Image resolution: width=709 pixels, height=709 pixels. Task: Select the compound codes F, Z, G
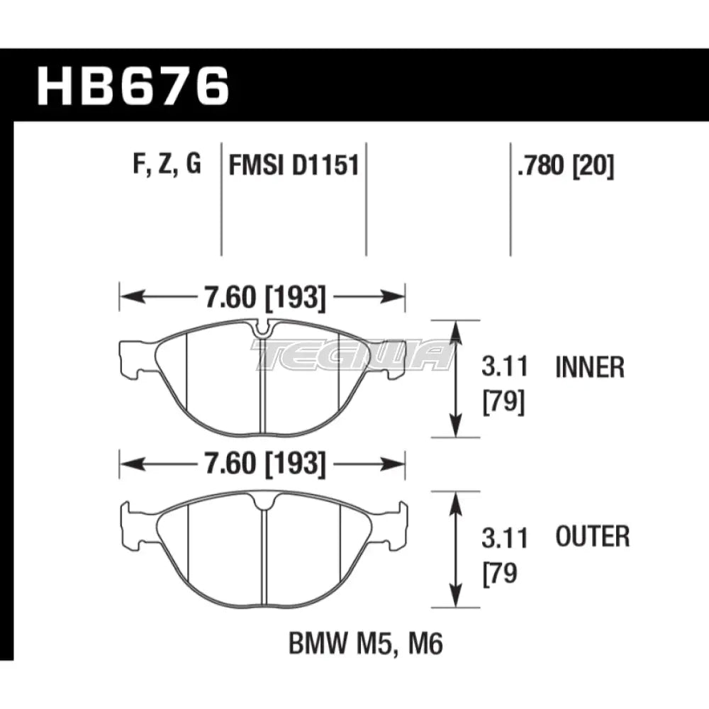(167, 166)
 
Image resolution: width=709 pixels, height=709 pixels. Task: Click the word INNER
(590, 368)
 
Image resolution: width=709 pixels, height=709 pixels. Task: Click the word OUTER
(592, 537)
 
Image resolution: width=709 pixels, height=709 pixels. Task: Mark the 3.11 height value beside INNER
(505, 368)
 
